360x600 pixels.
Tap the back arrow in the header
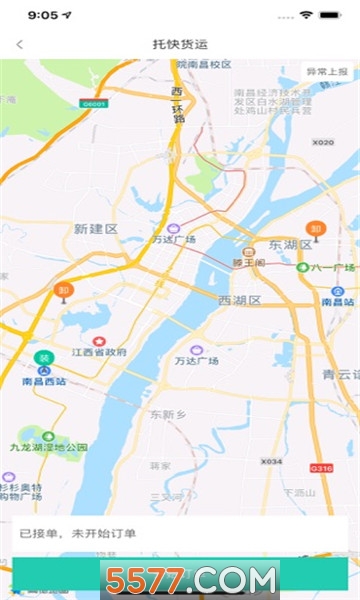[x=19, y=44]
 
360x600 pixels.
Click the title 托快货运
[x=180, y=44]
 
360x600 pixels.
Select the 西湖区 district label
[x=239, y=299]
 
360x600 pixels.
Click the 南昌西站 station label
[x=44, y=381]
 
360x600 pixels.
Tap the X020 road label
[x=322, y=143]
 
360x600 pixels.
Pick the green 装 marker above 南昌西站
[x=43, y=358]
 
